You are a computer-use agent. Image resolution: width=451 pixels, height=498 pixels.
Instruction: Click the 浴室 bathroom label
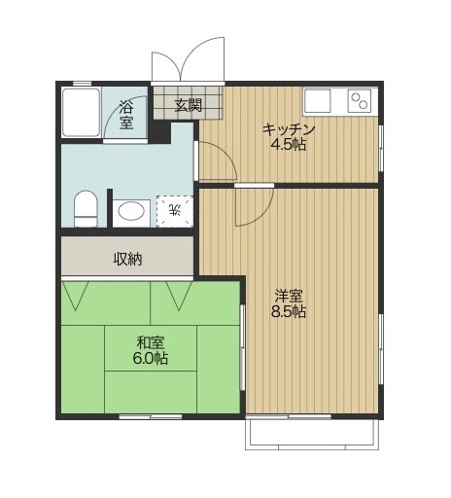tap(126, 115)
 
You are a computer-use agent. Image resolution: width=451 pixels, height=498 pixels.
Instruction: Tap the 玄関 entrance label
tap(189, 105)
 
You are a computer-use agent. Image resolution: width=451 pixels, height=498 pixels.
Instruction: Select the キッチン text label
tap(289, 129)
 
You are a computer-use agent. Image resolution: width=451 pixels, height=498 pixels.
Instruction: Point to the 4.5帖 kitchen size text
tap(289, 145)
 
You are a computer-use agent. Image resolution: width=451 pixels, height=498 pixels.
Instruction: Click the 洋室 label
tap(289, 297)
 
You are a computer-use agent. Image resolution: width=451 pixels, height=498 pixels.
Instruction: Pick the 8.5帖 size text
tap(289, 311)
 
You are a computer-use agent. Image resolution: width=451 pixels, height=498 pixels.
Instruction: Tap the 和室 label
tap(151, 342)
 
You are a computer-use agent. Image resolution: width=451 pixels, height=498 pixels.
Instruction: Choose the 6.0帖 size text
tap(151, 358)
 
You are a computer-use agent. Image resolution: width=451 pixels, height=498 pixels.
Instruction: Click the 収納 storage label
tap(127, 259)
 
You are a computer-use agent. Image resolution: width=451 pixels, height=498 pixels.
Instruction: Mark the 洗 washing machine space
tap(175, 211)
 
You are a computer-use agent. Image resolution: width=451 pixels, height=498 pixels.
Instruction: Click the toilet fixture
tap(86, 208)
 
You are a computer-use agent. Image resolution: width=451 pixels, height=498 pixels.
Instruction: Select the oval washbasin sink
tap(131, 212)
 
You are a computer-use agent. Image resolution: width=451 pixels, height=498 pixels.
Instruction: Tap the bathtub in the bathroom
tap(81, 112)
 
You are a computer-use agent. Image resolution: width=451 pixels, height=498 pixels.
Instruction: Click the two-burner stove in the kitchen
tap(360, 101)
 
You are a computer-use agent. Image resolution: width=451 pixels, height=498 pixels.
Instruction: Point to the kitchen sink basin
tap(317, 101)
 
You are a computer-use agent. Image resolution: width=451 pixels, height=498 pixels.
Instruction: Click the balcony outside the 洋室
tap(312, 434)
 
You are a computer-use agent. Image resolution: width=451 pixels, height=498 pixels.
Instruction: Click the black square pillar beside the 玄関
tap(159, 132)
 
